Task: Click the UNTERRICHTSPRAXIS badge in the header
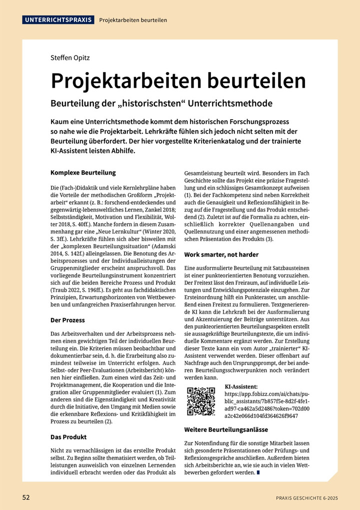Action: pos(58,20)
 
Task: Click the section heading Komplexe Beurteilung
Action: pos(83,172)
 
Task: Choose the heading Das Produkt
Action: pos(68,436)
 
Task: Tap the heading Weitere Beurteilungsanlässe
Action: pos(226,429)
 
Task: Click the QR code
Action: pos(201,401)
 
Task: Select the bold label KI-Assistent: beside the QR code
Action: pos(241,387)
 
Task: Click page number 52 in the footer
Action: pos(26,497)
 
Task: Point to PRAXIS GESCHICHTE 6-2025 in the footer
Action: pos(307,498)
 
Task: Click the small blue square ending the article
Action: pos(258,473)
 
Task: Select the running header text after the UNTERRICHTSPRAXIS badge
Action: pos(133,21)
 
